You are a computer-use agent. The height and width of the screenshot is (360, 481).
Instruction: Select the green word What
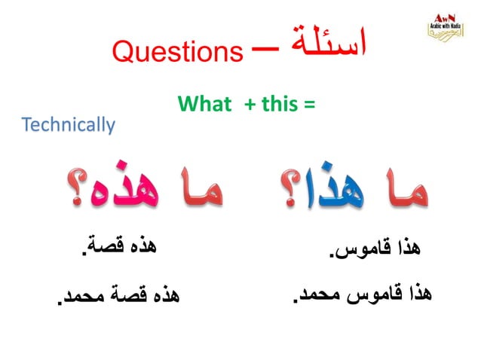(x=204, y=105)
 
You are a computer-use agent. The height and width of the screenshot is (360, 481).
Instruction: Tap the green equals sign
(x=308, y=105)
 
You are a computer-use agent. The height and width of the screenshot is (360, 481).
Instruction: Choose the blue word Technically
(x=69, y=124)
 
